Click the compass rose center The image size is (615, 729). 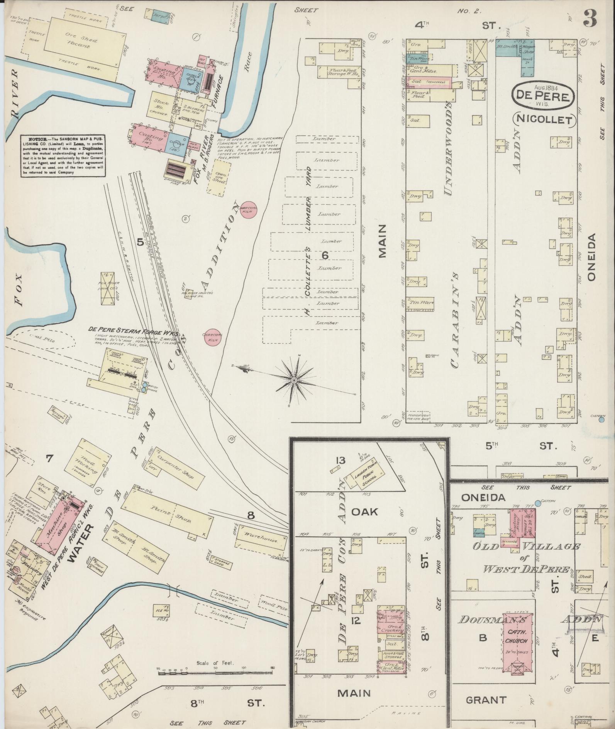pos(294,381)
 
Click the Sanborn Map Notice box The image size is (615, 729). pos(63,156)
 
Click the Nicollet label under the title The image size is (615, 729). pos(544,120)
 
